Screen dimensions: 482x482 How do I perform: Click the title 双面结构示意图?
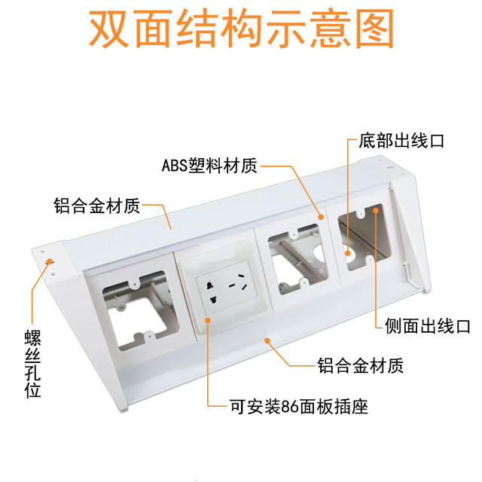tap(241, 30)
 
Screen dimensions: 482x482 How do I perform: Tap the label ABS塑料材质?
tap(215, 164)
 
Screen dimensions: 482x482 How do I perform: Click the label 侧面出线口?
tap(426, 326)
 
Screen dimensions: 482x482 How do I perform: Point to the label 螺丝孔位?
tap(31, 361)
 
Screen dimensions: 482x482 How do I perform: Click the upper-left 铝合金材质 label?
tap(96, 205)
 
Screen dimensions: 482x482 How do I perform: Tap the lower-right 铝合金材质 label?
tap(359, 367)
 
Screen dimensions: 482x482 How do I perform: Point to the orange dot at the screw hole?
tap(50, 261)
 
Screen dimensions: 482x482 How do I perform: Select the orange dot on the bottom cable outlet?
tap(349, 253)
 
